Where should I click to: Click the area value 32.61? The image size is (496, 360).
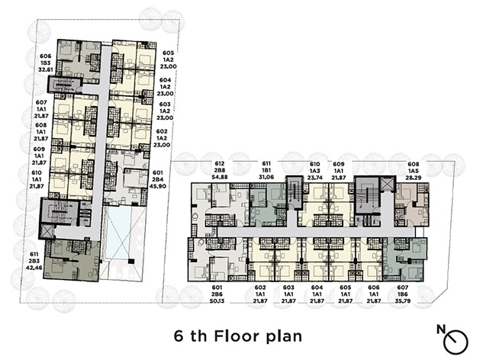coord(46,70)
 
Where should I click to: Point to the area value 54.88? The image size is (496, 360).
coord(220,177)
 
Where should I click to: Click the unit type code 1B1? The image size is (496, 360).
coord(266,170)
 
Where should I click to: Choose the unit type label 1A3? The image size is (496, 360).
coord(314,171)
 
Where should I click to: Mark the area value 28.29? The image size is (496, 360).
coord(414,178)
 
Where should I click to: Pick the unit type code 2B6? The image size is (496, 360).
coord(217,294)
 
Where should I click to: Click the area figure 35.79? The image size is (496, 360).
coord(403,301)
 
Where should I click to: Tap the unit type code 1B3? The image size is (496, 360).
coord(46,63)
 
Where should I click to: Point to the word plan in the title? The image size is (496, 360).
coord(283,337)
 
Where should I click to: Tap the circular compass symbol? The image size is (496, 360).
coord(456,342)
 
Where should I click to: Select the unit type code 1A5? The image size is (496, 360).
coord(414,171)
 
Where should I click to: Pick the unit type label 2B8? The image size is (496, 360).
coord(220,170)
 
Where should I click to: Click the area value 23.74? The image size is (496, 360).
coord(314,178)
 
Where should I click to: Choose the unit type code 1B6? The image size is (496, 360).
coord(403,294)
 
